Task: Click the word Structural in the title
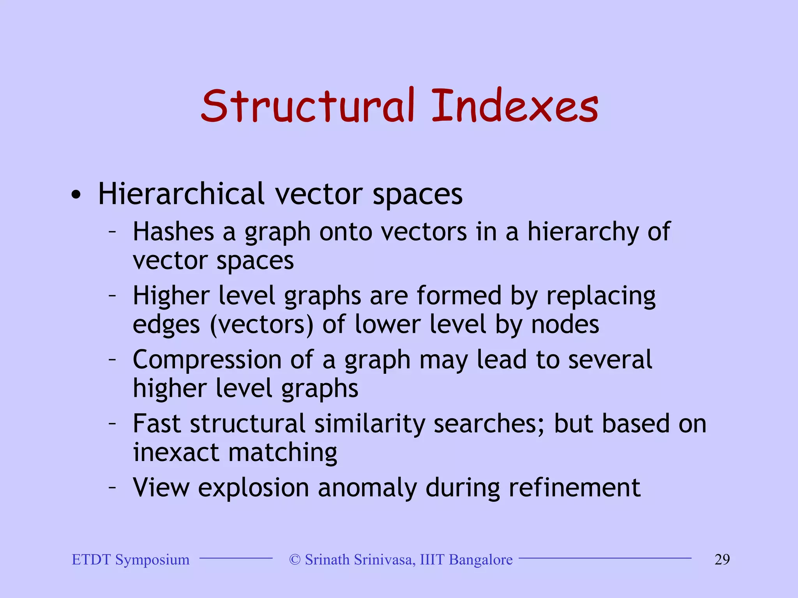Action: (x=308, y=106)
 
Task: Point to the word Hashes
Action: (x=173, y=232)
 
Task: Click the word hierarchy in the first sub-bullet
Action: (x=583, y=232)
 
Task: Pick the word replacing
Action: (x=601, y=296)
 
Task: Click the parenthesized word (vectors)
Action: (x=262, y=325)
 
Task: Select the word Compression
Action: (x=207, y=360)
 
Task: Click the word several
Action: (x=610, y=360)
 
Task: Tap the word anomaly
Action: (x=367, y=488)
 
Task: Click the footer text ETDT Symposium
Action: (x=131, y=560)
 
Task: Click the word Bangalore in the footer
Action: (x=481, y=560)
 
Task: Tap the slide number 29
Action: (x=722, y=560)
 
